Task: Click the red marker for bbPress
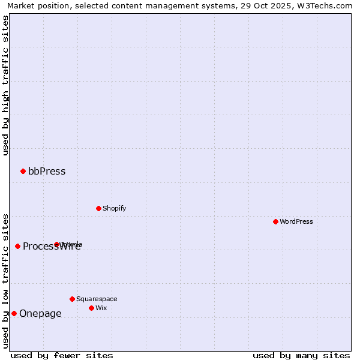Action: tap(23, 172)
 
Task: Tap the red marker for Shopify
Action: tap(98, 209)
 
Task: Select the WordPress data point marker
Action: tap(275, 222)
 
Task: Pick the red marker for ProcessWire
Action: tap(17, 247)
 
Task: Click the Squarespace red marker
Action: tap(72, 299)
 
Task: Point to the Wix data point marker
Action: tap(91, 308)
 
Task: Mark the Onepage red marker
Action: tap(14, 314)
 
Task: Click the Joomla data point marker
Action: tap(56, 245)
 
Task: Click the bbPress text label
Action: tap(47, 172)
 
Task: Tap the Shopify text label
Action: tap(114, 209)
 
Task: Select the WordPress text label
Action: tap(296, 222)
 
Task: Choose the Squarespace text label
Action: tap(97, 299)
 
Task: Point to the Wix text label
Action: tap(101, 308)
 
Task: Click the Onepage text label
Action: tap(40, 314)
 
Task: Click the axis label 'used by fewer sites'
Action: tap(62, 355)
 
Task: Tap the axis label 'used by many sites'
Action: tap(301, 355)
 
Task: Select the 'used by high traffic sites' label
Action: tap(5, 85)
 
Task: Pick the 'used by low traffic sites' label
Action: tap(5, 280)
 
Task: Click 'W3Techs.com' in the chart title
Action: tap(326, 5)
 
